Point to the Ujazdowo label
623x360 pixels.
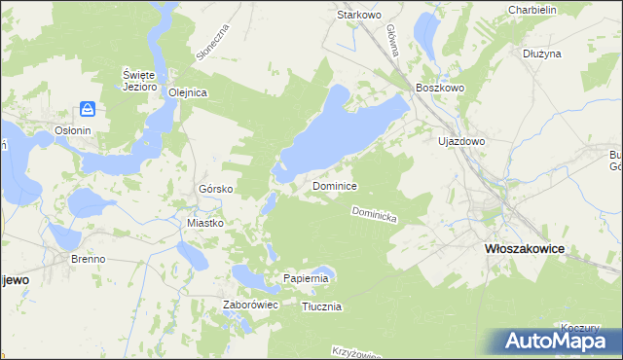click(x=461, y=141)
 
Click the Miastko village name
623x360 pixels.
click(x=205, y=223)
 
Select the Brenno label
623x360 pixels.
click(x=88, y=260)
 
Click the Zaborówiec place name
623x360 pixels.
click(x=251, y=305)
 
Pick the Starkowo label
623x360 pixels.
click(x=357, y=16)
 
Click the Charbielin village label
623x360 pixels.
click(x=531, y=10)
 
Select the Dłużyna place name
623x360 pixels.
click(x=542, y=54)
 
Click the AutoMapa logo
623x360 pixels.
click(x=562, y=341)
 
